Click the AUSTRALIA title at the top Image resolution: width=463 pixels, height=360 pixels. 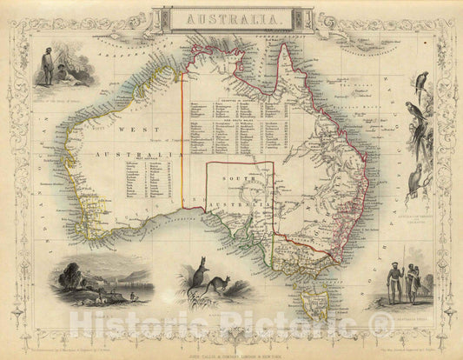(231, 17)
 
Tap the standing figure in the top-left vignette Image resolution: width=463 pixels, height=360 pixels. (48, 67)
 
